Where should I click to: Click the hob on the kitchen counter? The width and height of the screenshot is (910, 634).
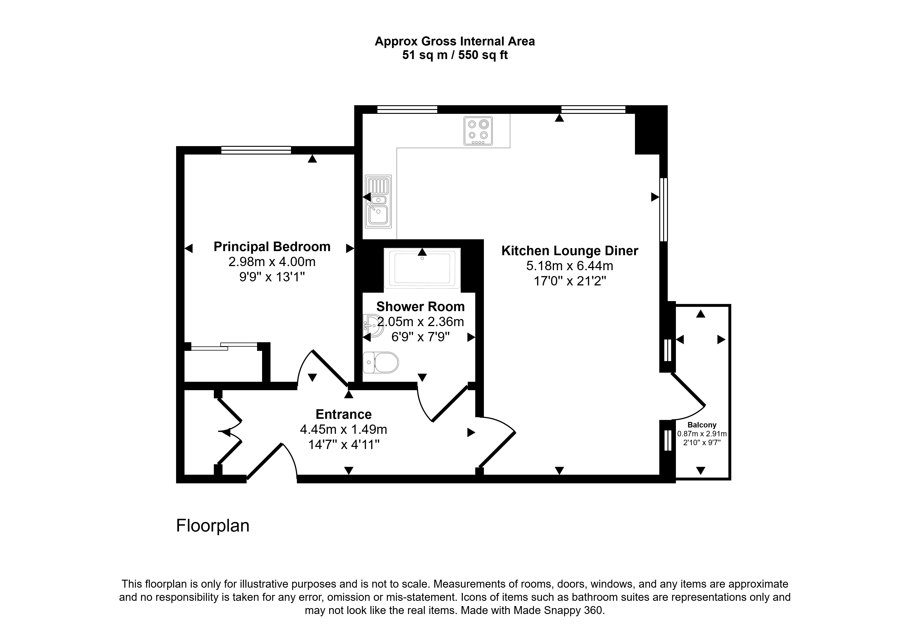click(x=478, y=131)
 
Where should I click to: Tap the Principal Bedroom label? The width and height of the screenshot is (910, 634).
click(x=272, y=247)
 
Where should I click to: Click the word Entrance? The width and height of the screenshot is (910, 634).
click(x=344, y=414)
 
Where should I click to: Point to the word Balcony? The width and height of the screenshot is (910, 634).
click(x=702, y=425)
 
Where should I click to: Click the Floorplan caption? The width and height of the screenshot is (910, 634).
click(x=213, y=526)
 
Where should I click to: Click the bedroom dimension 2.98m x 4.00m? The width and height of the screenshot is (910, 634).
click(x=272, y=262)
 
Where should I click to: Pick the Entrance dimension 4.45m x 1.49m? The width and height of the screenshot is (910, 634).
click(x=344, y=429)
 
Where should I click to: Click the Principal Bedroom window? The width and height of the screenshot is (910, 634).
click(x=256, y=150)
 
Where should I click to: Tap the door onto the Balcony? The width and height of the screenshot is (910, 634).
click(x=688, y=396)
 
